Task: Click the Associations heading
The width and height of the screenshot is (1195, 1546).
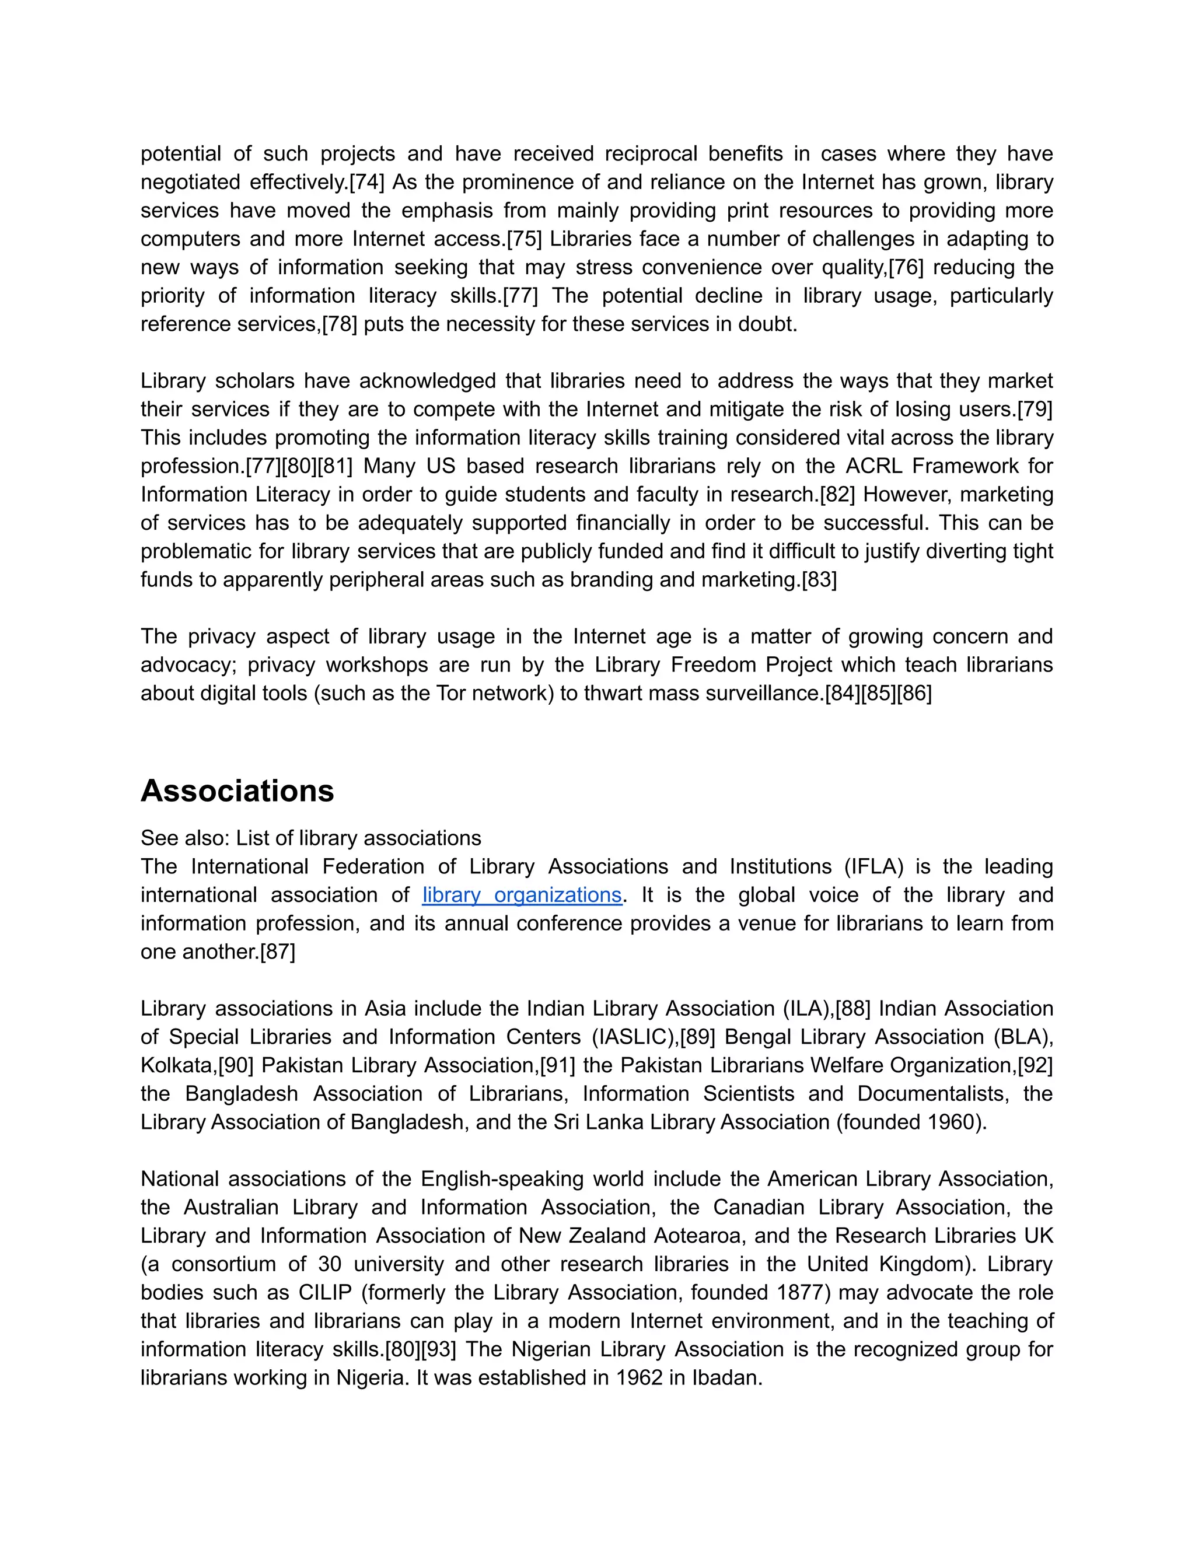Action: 236,791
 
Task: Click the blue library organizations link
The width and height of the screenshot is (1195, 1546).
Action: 522,895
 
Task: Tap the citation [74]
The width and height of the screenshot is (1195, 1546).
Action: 366,182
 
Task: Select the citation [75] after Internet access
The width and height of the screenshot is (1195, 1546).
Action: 524,239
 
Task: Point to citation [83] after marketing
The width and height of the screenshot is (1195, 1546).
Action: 819,580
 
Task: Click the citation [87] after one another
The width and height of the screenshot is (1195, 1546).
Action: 278,952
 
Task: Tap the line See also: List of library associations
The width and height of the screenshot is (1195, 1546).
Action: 311,838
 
